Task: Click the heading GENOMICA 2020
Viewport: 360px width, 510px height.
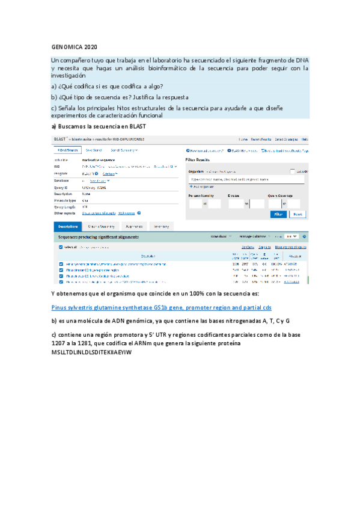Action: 70,47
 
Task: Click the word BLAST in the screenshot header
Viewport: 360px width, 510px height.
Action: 59,139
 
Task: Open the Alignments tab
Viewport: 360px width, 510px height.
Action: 134,227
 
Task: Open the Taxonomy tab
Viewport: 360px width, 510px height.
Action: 161,227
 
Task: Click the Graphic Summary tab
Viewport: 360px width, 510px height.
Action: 102,227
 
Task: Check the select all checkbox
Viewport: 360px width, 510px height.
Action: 61,247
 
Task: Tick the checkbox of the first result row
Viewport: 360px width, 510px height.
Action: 61,264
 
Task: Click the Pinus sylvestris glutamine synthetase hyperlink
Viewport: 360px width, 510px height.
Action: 162,307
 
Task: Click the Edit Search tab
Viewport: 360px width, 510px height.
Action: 67,150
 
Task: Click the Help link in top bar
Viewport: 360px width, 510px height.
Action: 305,139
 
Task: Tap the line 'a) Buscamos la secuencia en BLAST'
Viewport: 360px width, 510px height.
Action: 97,126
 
